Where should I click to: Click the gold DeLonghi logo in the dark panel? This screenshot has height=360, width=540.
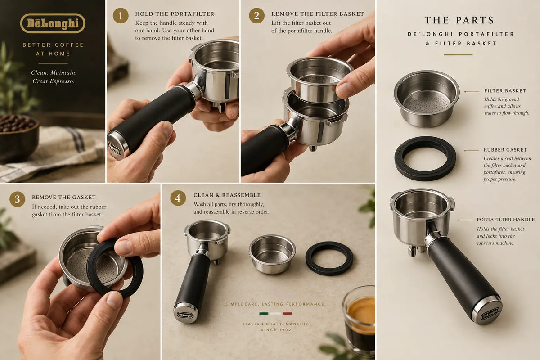click(53, 23)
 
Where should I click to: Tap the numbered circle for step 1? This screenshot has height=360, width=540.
click(121, 16)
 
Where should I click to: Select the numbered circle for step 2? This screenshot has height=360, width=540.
click(256, 16)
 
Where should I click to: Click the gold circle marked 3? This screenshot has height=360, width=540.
click(18, 199)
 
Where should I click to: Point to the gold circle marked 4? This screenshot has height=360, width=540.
click(178, 198)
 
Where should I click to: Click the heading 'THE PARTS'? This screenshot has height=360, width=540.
click(459, 20)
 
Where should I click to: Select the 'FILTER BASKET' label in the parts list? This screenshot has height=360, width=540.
click(505, 91)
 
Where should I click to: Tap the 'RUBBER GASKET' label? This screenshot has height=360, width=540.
click(505, 150)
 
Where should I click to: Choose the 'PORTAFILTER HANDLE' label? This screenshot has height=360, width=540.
click(505, 220)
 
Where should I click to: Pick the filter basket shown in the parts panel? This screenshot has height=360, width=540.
click(426, 99)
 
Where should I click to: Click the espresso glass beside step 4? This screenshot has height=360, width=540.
click(359, 321)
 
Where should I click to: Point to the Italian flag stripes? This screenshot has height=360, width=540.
click(275, 314)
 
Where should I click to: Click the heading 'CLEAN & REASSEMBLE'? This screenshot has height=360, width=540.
click(227, 195)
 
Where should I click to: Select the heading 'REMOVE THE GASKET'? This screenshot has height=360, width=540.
click(64, 197)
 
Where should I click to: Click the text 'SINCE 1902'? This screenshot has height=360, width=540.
click(276, 329)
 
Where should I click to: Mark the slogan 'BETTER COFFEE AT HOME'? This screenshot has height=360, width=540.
click(53, 49)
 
